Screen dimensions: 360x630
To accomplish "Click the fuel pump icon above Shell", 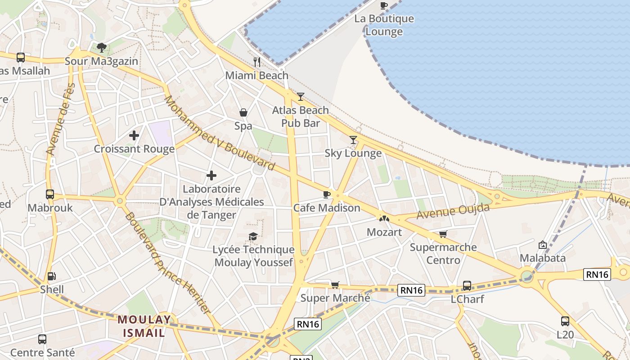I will pos(52,276).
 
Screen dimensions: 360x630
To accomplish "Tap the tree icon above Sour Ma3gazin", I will pos(102,47).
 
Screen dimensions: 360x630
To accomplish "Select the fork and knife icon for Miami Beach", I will pos(257,62).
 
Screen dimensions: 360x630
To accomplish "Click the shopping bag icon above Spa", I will pos(243,112).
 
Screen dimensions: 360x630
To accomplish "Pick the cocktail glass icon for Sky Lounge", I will pos(353,140).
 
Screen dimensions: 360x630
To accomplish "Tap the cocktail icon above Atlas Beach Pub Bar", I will pos(301,96).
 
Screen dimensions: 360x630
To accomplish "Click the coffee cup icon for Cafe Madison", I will pos(327,194).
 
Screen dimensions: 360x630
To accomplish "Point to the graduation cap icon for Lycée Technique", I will pos(253,236).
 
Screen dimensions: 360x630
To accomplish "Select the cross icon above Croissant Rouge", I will pos(134,135).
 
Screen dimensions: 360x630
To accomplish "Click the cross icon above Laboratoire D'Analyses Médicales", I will pos(211,175).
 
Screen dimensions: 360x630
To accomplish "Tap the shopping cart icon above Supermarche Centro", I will pos(443,234).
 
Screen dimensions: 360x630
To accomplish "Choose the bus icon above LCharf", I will pos(467,285).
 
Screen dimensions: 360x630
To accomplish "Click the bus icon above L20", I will pos(565,321).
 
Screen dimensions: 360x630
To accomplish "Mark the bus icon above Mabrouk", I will pos(50,194).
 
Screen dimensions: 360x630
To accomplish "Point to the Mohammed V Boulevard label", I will pos(219,134).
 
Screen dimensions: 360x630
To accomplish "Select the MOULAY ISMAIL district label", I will pos(144,326).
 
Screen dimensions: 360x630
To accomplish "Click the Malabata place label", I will pos(543,258).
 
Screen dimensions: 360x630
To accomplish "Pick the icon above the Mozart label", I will pos(384,218).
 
